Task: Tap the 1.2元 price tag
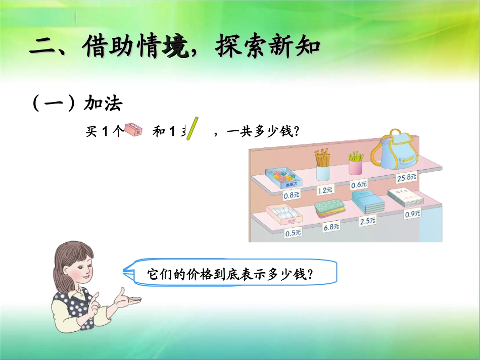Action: coord(325,190)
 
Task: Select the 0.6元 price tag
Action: coord(359,185)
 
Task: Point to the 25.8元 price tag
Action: coord(407,177)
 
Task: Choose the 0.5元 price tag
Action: coord(293,233)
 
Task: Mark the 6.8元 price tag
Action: coord(331,227)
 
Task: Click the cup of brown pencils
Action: coord(322,165)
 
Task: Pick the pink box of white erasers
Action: coord(284,215)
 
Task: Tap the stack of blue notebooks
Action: coord(367,202)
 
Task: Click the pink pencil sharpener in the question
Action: coord(134,130)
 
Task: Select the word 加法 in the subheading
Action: coord(103,103)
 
